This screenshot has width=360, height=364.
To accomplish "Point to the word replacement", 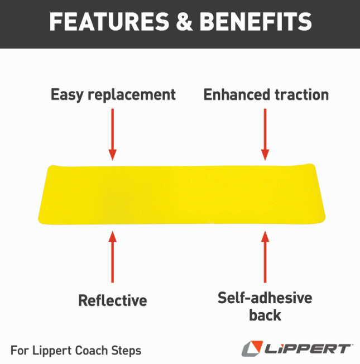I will tap(134, 95).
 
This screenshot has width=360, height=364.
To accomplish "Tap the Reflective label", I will tap(113, 300).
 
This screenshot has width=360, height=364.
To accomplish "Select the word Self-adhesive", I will tap(265, 298).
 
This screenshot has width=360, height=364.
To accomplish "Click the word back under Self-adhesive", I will tap(265, 315).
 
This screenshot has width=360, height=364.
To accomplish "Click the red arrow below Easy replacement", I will tap(113, 134).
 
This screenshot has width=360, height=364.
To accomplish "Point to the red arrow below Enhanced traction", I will tap(265, 134).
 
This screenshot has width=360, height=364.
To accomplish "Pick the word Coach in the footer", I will tap(92, 351).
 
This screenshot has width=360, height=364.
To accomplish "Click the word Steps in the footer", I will tap(127, 351).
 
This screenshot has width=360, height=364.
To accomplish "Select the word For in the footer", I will tap(18, 351).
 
